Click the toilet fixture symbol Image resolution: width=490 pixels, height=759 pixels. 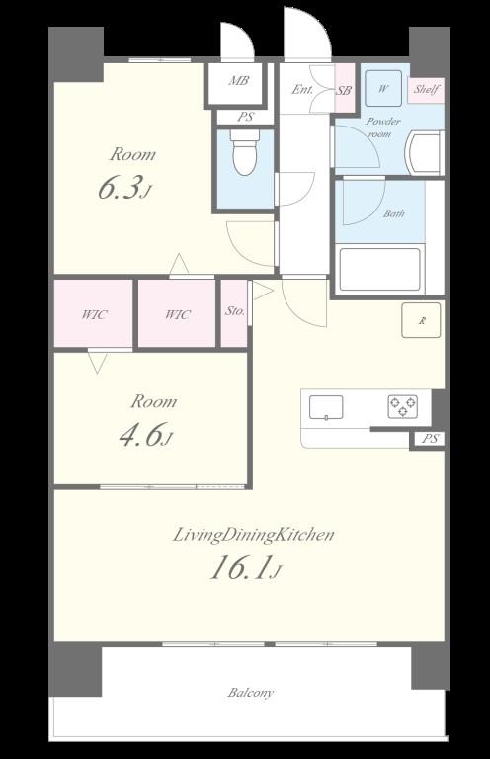point(244,151)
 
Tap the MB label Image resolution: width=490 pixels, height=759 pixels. point(239,80)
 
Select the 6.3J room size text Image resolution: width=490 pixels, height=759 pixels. point(124,188)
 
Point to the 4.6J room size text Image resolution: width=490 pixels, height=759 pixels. point(145,435)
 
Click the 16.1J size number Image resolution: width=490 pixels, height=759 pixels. point(246,568)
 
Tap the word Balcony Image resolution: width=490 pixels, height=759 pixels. point(251,692)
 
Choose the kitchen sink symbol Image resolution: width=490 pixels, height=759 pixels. point(326,407)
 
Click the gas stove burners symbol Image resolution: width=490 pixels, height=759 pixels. point(402,406)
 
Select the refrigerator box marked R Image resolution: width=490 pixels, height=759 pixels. point(421,320)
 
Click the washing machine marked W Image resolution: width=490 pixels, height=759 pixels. point(383,88)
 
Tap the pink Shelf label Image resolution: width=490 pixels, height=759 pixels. point(426,90)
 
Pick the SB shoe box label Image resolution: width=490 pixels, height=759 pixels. point(345,90)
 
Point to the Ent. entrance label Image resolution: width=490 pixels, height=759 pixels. point(302,90)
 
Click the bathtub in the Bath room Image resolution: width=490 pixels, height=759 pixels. point(379,269)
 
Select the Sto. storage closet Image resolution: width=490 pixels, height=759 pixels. point(234,313)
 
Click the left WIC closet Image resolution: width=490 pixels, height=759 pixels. point(93,313)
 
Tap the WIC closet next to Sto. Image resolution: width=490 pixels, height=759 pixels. point(177,313)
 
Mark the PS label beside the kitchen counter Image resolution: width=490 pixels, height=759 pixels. point(430,439)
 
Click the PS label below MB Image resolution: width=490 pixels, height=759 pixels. point(245,117)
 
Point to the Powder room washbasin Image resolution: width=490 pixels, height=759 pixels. point(424,152)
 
